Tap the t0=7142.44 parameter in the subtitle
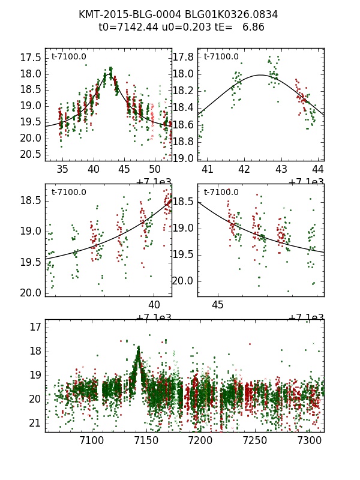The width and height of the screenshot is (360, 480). (127, 27)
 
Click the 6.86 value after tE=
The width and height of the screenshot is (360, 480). (253, 27)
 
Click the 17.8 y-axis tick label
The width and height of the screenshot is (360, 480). (183, 58)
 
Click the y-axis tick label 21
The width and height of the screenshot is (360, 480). (35, 423)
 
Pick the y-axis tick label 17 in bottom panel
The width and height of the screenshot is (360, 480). (35, 327)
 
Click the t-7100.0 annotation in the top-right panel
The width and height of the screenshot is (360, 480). (221, 57)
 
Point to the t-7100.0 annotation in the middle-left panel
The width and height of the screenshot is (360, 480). (68, 193)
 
